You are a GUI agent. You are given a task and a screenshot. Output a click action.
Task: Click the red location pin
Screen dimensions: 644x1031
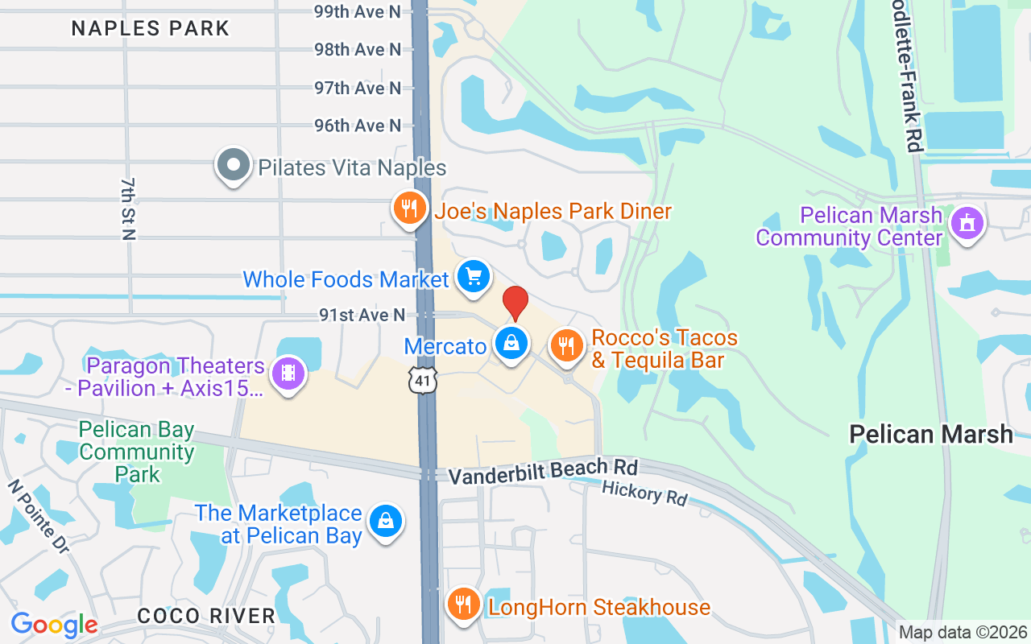(x=515, y=302)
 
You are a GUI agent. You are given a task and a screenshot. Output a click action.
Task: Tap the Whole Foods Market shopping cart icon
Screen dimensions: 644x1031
(x=474, y=277)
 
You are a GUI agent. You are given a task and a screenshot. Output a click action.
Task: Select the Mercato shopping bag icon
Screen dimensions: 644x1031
(x=511, y=344)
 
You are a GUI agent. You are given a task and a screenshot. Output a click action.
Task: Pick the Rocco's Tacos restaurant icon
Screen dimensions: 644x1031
(x=568, y=345)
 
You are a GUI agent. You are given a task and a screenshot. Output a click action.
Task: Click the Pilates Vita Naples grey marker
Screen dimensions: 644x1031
(x=234, y=165)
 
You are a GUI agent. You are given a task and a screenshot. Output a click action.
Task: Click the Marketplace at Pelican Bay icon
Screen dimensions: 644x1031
(x=387, y=521)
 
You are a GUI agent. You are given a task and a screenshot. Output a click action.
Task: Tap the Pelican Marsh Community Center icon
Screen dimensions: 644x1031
(x=967, y=223)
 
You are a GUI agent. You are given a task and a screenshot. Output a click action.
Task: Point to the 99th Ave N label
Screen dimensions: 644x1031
(x=358, y=11)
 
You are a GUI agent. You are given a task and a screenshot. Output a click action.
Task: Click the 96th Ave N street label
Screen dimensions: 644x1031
(x=358, y=126)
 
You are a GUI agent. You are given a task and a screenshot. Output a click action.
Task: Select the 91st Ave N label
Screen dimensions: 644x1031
(x=362, y=316)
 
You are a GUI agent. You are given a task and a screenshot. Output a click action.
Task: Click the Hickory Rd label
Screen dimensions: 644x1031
(x=644, y=493)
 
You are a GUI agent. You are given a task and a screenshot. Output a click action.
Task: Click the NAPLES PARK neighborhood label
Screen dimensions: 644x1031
(x=151, y=28)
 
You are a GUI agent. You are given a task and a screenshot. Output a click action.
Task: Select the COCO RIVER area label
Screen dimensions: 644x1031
(x=206, y=616)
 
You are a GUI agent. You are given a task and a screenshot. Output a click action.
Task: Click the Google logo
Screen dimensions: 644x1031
(x=54, y=625)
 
